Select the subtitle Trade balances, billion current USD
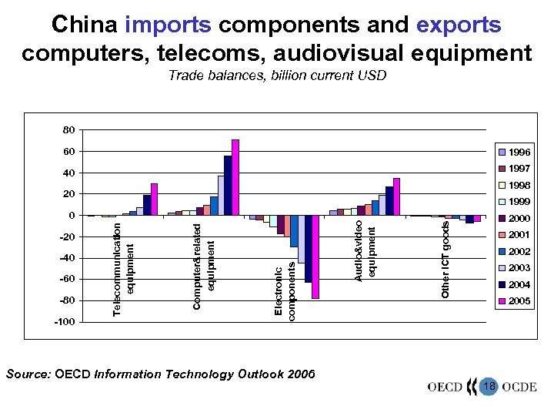pos(277,75)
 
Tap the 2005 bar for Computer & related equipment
pos(235,177)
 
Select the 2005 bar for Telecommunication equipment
pos(154,200)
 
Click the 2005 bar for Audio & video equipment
pos(396,197)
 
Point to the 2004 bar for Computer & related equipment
pos(228,186)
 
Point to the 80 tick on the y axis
pos(68,129)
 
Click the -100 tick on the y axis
pos(65,322)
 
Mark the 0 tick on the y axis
pos(71,216)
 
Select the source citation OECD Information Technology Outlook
pos(160,374)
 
